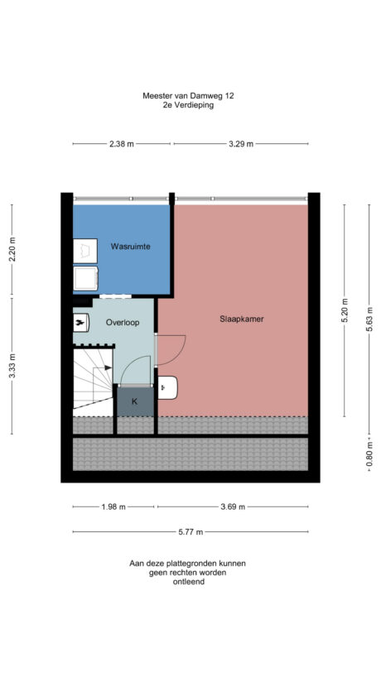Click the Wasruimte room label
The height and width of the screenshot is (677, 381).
(x=130, y=247)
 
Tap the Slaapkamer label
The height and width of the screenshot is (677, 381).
(x=242, y=319)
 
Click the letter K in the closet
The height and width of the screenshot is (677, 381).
(x=133, y=402)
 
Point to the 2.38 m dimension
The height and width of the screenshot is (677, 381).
(x=122, y=144)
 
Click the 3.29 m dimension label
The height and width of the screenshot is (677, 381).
(x=240, y=144)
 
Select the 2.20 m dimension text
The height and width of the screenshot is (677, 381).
(x=12, y=249)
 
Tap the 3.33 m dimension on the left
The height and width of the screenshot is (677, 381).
(x=12, y=366)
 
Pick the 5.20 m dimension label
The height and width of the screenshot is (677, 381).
(x=345, y=313)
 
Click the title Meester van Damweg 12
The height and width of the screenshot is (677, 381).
(x=188, y=96)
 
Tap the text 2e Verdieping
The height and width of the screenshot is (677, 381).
(x=188, y=106)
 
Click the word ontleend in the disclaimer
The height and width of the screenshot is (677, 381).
(x=188, y=582)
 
